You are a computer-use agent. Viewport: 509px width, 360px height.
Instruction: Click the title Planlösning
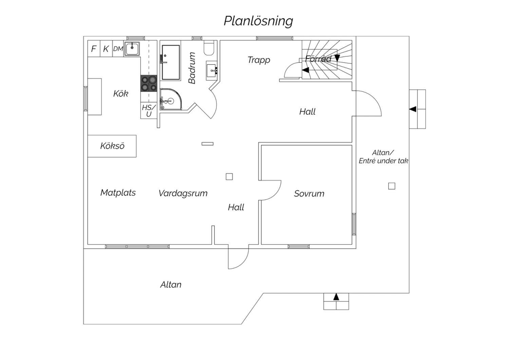pyautogui.click(x=258, y=21)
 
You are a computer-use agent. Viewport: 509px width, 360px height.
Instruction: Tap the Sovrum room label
pyautogui.click(x=309, y=194)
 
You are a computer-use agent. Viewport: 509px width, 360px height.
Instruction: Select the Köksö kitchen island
pyautogui.click(x=112, y=146)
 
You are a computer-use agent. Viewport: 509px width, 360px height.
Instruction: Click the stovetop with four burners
pyautogui.click(x=149, y=83)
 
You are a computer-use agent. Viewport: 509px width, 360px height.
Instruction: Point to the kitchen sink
pyautogui.click(x=132, y=49)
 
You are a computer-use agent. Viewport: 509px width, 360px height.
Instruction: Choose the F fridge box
pyautogui.click(x=94, y=49)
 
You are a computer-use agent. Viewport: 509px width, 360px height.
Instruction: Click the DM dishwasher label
pyautogui.click(x=118, y=49)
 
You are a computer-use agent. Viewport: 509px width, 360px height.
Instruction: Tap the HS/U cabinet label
pyautogui.click(x=149, y=111)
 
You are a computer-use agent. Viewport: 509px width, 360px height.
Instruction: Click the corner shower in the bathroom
pyautogui.click(x=170, y=100)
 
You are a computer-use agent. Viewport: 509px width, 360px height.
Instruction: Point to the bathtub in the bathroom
pyautogui.click(x=171, y=62)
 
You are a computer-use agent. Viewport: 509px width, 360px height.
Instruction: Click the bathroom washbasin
pyautogui.click(x=212, y=71)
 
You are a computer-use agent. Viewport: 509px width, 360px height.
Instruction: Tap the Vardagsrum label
pyautogui.click(x=183, y=193)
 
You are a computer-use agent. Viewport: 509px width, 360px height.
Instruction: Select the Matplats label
pyautogui.click(x=118, y=193)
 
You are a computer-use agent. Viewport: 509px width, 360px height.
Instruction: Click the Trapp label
pyautogui.click(x=259, y=60)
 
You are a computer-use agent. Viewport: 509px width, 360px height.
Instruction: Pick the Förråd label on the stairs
pyautogui.click(x=318, y=59)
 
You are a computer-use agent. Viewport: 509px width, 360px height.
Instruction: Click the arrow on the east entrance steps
pyautogui.click(x=413, y=109)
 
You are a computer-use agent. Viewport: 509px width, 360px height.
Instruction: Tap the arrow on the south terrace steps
pyautogui.click(x=336, y=297)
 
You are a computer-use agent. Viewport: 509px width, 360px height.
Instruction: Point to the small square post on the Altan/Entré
pyautogui.click(x=392, y=186)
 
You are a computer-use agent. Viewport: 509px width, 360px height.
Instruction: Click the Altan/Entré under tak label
pyautogui.click(x=383, y=157)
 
